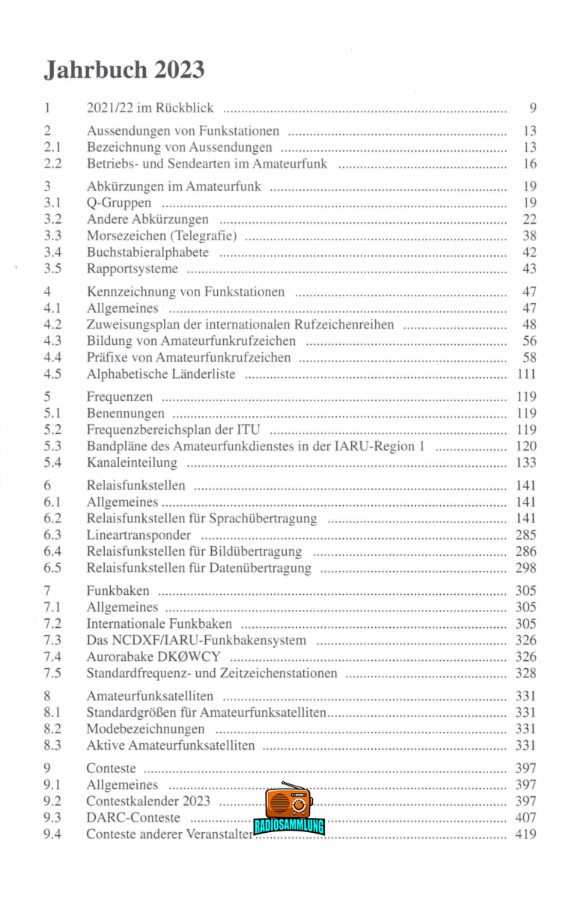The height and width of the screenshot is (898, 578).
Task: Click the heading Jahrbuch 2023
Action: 124,70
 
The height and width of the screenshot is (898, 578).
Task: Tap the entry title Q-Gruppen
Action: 119,203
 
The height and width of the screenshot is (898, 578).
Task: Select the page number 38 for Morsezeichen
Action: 529,236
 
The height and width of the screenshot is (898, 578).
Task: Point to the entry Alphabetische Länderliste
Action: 161,374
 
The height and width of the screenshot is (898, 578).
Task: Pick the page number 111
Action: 526,374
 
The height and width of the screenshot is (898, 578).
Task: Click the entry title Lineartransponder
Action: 139,535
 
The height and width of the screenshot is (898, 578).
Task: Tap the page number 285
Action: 526,535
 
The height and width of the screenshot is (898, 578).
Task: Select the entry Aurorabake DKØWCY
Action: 158,657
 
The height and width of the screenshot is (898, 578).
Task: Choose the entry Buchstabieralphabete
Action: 147,253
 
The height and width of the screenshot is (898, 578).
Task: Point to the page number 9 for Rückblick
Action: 532,109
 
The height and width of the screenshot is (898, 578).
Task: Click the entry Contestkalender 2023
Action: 148,801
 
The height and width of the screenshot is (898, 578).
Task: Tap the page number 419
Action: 526,834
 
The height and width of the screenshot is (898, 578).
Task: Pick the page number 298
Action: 526,568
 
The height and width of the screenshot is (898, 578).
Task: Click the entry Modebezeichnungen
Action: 145,729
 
